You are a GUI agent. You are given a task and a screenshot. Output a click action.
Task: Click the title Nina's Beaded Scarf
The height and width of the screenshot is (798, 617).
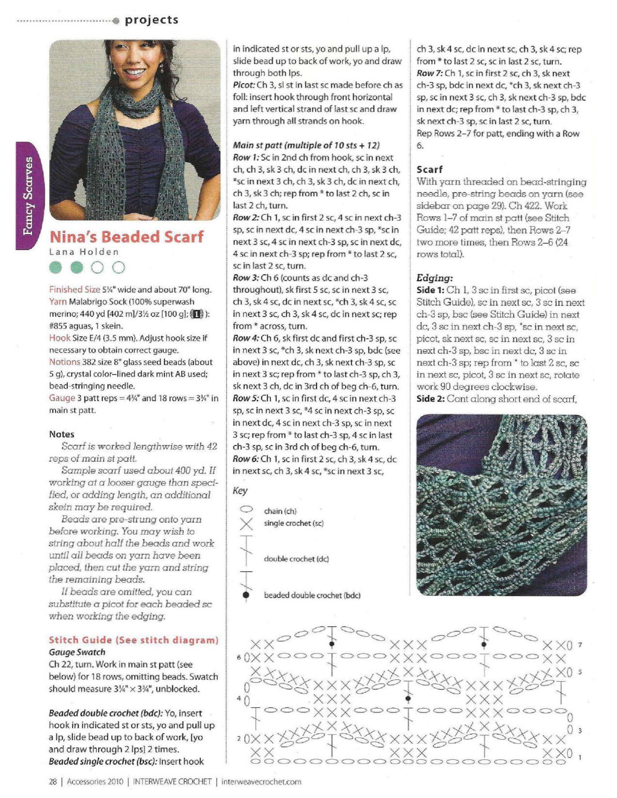pyautogui.click(x=126, y=237)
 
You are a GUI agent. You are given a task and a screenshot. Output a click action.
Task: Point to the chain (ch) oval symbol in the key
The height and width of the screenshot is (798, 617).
pyautogui.click(x=246, y=509)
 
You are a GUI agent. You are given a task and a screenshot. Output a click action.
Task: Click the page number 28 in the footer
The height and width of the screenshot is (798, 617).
pyautogui.click(x=53, y=781)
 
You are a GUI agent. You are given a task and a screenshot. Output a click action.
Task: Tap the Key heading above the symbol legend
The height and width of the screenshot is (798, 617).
pyautogui.click(x=240, y=490)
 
